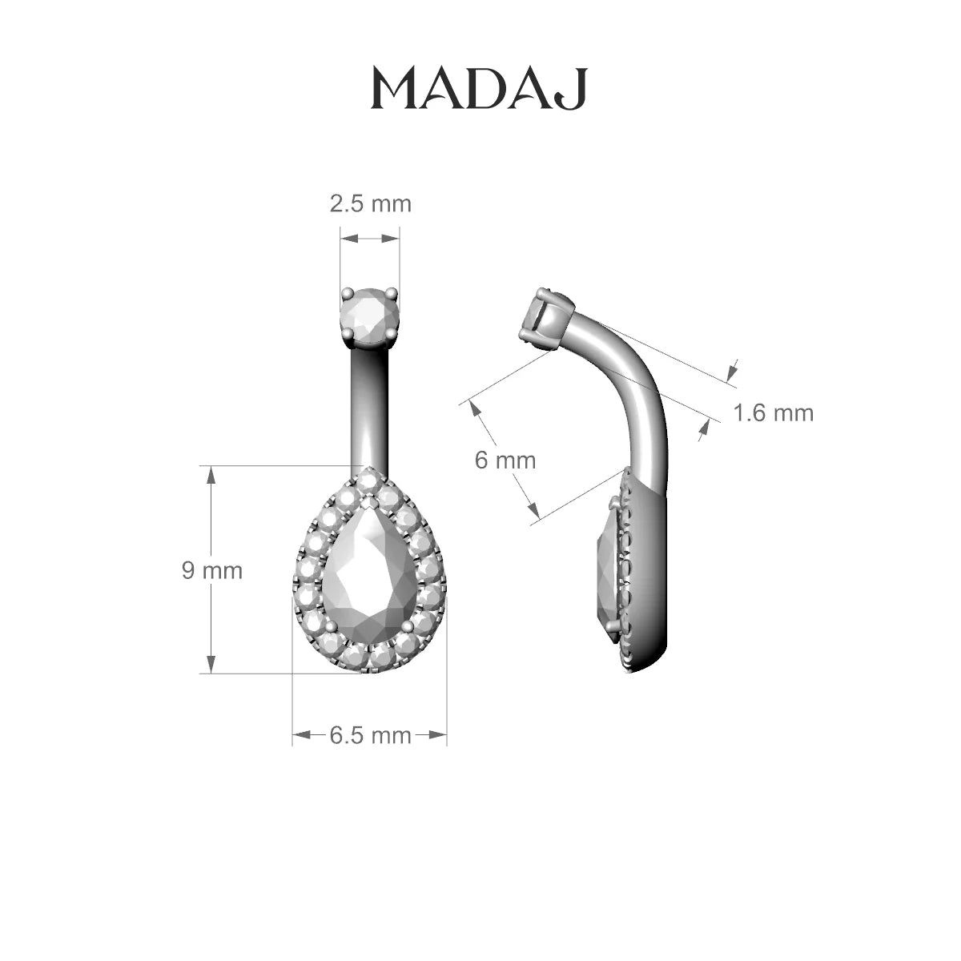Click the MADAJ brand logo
[479, 89]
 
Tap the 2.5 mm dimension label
[371, 204]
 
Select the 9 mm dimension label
[212, 570]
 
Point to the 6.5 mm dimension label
[371, 736]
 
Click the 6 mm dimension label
[505, 460]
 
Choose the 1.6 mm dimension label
[774, 413]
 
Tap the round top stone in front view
[369, 315]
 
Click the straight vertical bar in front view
[370, 408]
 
